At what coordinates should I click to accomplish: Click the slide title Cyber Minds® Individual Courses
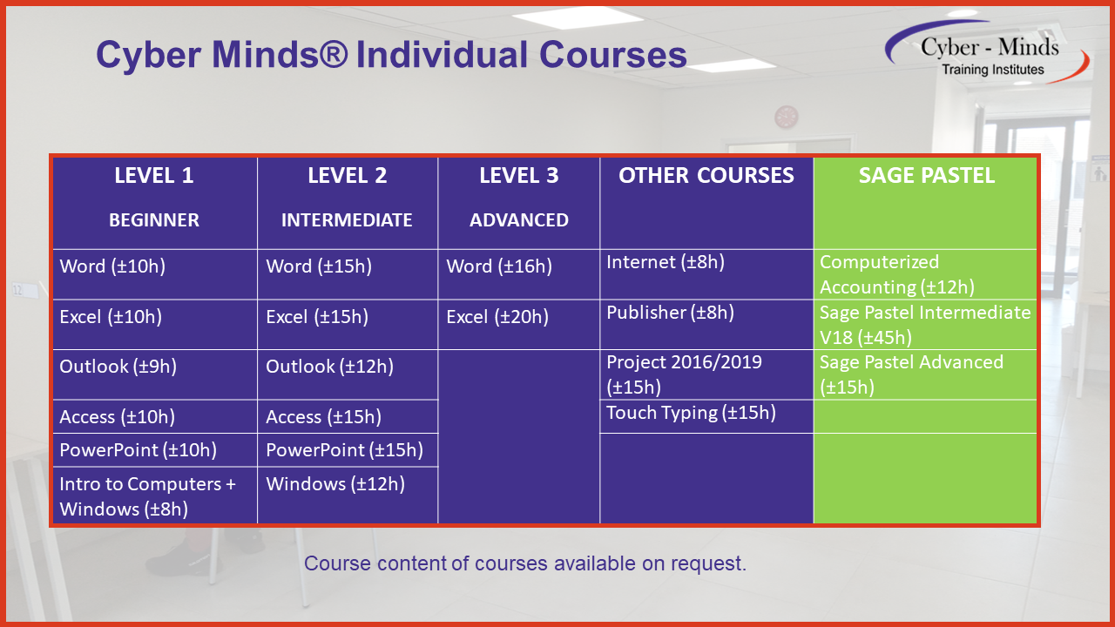391,54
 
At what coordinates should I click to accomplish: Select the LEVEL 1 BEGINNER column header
154,199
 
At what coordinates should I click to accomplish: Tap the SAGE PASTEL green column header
926,176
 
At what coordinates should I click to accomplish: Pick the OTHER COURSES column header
706,176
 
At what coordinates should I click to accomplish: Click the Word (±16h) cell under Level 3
499,266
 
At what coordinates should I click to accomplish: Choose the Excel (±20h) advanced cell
497,317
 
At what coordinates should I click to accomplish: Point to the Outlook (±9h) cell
118,367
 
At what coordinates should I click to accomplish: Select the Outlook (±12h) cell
330,367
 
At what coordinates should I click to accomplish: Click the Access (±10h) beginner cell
118,417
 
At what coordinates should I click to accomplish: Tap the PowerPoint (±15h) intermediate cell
345,450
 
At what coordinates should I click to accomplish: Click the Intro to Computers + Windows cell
148,496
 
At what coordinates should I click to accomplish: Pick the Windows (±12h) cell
335,484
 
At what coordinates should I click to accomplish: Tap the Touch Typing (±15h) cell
691,413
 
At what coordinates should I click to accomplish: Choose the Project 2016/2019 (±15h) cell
685,374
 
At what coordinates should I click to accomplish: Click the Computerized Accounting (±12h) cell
897,274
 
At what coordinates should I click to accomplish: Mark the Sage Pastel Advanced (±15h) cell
912,374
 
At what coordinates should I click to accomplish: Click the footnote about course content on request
525,563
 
